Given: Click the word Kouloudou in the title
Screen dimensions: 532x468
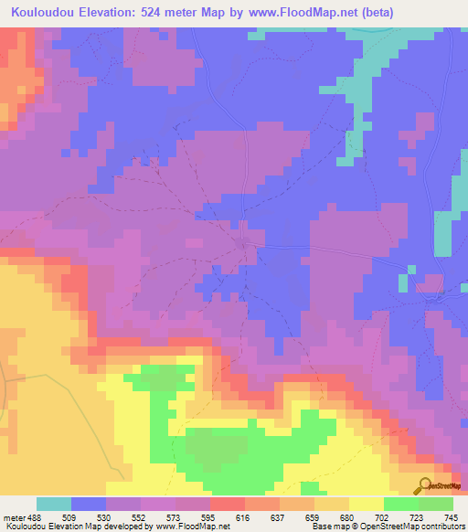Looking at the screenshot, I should point(39,13).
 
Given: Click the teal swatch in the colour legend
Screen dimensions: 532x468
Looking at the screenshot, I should point(54,505).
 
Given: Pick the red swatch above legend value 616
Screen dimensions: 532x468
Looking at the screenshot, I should point(228,505).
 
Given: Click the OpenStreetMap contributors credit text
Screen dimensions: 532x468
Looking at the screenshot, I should point(420,527).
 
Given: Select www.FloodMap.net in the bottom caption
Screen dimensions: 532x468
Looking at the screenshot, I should point(194,527).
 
